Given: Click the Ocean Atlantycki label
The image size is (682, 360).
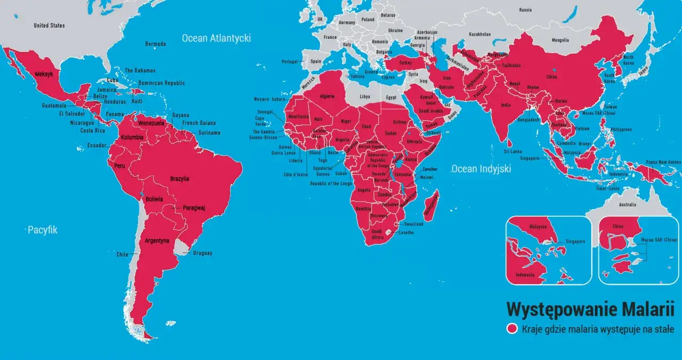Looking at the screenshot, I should [x=216, y=38].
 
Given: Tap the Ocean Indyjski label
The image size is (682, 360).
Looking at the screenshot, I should [x=481, y=169].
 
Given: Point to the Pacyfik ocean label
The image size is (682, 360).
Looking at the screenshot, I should [x=43, y=230].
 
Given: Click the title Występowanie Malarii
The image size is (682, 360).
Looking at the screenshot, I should [x=590, y=309].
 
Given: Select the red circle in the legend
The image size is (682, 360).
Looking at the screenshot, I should [x=513, y=329].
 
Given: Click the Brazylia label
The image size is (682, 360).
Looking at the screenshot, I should [x=180, y=179].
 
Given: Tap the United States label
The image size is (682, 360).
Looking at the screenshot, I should [x=49, y=26].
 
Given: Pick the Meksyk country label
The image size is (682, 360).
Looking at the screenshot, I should [x=44, y=75].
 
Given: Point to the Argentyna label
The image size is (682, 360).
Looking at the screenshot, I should [x=157, y=241].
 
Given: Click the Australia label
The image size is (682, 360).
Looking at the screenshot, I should [x=627, y=205].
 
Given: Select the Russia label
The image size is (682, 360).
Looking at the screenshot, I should [x=525, y=10].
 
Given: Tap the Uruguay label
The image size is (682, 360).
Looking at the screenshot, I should [x=202, y=253].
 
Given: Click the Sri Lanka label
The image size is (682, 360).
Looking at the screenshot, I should [x=513, y=152].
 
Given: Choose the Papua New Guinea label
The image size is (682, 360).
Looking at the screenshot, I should [x=660, y=162].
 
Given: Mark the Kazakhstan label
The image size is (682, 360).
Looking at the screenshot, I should [x=480, y=34].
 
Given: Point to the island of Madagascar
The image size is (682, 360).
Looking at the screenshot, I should [x=433, y=205].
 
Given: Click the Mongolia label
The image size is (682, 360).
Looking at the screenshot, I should [x=560, y=40].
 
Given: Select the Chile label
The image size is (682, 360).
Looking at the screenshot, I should [x=123, y=255].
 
